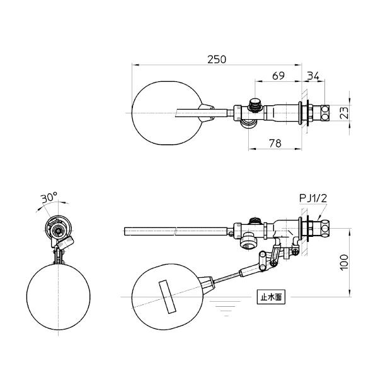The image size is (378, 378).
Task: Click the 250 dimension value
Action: click(217, 59)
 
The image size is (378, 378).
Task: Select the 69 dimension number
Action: click(278, 76)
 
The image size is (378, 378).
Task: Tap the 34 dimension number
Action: click(313, 76)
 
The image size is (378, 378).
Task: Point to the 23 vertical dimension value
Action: click(345, 113)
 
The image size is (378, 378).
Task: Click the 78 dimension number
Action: click(275, 144)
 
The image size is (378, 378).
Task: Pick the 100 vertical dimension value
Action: click(345, 262)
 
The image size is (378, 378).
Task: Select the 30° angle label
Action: click(49, 198)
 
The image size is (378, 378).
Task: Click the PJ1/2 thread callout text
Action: click(313, 198)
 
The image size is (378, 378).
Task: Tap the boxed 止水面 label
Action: click(271, 297)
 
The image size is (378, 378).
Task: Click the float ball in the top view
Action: click(166, 113)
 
